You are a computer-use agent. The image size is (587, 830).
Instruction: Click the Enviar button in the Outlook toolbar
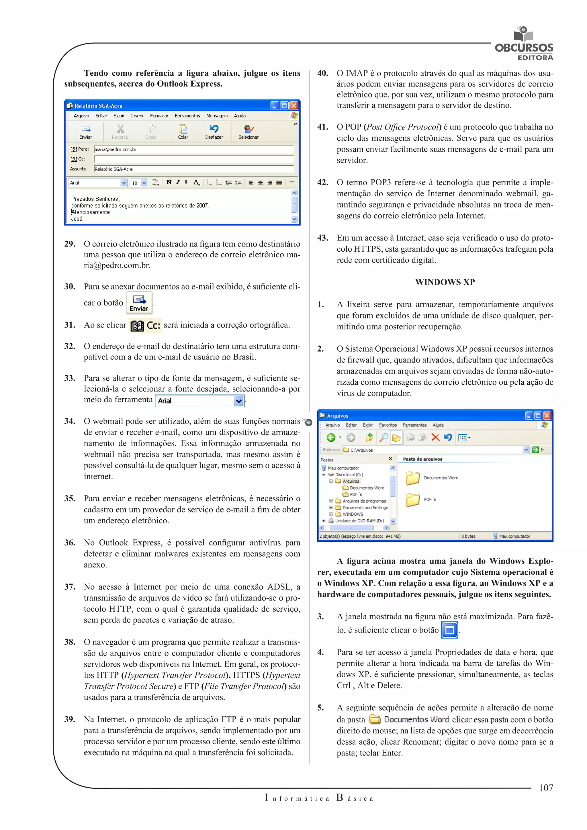point(86,132)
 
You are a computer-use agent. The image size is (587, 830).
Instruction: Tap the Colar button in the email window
point(183,132)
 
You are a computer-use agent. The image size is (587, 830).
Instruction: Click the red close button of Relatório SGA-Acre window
point(294,105)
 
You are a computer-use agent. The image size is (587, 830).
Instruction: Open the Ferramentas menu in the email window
point(187,116)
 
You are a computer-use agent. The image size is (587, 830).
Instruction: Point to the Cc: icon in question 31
point(145,326)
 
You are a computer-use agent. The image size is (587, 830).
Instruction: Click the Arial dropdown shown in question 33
point(200,401)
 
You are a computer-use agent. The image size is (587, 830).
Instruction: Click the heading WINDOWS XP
point(445,282)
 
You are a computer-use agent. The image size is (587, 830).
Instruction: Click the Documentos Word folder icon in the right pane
point(413,478)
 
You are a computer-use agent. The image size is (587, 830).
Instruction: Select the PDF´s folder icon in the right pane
point(413,500)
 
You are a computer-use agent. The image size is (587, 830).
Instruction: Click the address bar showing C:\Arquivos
point(434,450)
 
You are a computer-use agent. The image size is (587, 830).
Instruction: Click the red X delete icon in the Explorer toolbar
point(436,438)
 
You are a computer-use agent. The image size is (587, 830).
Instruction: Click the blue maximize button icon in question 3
point(450,630)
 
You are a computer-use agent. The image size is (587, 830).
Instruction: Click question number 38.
point(70,642)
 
